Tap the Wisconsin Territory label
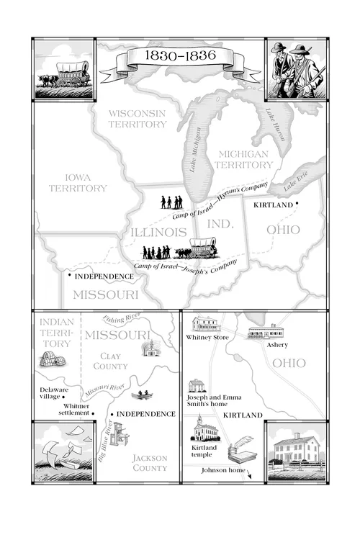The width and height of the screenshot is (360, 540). pyautogui.click(x=137, y=119)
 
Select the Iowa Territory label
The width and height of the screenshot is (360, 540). pyautogui.click(x=77, y=182)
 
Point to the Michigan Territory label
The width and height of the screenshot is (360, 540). pyautogui.click(x=243, y=160)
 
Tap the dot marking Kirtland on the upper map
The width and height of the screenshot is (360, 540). pyautogui.click(x=297, y=204)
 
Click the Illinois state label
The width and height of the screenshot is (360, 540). pyautogui.click(x=158, y=232)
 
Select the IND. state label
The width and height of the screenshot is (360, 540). pyautogui.click(x=221, y=224)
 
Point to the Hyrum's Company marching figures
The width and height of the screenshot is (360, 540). pyautogui.click(x=171, y=202)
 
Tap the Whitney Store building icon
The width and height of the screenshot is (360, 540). pyautogui.click(x=205, y=324)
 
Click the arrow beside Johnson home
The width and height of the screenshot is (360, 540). pyautogui.click(x=250, y=474)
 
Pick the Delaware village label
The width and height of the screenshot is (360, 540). pyautogui.click(x=54, y=392)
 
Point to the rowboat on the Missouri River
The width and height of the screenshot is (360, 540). pyautogui.click(x=141, y=395)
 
